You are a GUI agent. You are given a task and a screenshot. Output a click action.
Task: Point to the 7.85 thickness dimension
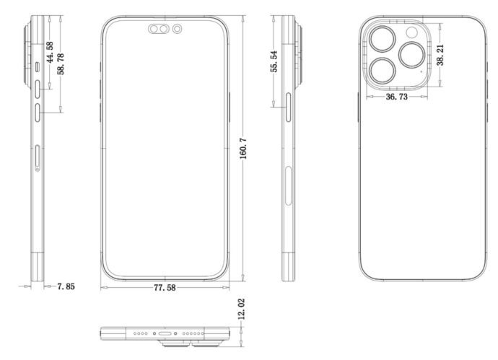point(66,286)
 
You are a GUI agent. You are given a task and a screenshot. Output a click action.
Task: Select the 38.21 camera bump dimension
point(440,54)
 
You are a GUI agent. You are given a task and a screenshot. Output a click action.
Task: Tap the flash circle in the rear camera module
point(412,32)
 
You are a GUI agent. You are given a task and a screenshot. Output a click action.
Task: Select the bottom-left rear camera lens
point(380,70)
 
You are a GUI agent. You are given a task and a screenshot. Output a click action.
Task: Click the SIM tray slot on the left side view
point(38,157)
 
